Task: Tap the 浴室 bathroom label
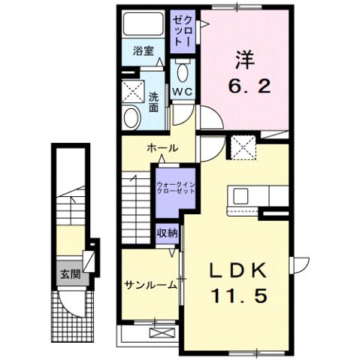click(143, 52)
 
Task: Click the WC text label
click(183, 92)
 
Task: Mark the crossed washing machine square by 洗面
click(134, 92)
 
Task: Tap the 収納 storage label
click(168, 233)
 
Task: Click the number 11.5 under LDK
click(238, 296)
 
